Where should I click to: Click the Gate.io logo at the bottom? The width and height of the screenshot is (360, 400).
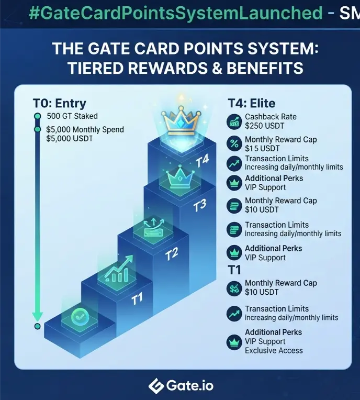[181, 385]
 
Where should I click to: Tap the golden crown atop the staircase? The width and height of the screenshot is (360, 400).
[181, 120]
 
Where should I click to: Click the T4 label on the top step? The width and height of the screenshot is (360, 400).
[203, 161]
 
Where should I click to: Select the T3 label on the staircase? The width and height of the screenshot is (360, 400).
[199, 206]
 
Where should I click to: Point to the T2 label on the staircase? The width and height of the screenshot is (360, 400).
[171, 254]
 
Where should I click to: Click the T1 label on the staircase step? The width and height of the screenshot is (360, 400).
[137, 299]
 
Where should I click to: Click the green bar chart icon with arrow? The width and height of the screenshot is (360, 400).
[118, 269]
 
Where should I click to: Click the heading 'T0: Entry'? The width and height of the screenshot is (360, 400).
[60, 103]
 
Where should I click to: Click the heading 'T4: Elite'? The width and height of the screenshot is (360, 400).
[252, 103]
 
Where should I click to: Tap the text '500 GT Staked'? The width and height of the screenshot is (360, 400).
[72, 116]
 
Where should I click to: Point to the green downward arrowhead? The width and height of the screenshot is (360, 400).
[37, 316]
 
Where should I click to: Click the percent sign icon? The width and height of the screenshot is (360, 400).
[234, 144]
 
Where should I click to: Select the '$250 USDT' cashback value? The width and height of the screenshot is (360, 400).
[264, 126]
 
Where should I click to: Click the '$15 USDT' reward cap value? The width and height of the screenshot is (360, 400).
[262, 148]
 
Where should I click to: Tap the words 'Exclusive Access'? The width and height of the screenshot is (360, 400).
[274, 350]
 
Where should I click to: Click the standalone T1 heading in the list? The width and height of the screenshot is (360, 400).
[234, 270]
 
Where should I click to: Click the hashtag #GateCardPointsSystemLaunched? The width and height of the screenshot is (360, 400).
[176, 13]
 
